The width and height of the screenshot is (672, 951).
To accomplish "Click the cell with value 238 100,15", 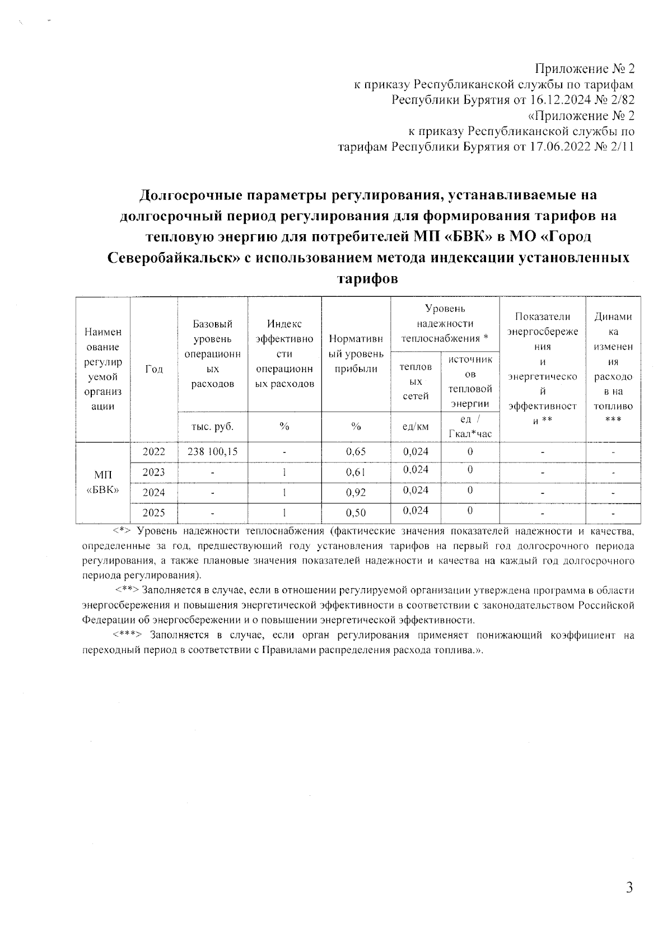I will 212,452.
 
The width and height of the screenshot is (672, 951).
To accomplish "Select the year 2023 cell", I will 153,472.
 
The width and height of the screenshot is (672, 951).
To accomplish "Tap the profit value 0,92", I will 356,493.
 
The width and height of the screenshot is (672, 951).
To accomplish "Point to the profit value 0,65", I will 356,452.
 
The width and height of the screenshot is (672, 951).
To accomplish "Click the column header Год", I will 153,369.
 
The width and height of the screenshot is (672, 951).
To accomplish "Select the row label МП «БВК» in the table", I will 102,482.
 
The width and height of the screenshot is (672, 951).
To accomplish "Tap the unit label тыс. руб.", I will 212,427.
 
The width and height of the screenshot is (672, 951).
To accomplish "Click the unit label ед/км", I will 416,427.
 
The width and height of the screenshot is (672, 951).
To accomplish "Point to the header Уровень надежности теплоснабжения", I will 445,323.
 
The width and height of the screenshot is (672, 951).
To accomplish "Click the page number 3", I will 629,888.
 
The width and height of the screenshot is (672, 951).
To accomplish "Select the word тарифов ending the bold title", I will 367,278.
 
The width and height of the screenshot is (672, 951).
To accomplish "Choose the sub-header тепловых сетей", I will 416,381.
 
